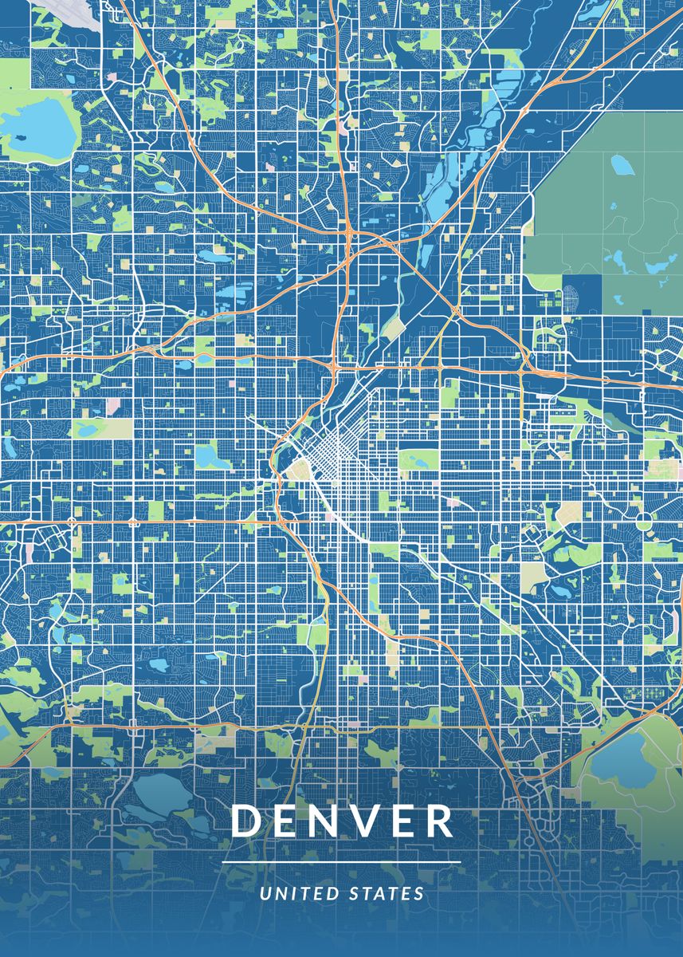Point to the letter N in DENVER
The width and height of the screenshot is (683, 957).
click(321, 821)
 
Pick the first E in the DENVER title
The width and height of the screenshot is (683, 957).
click(285, 821)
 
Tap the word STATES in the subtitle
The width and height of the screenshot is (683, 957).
click(387, 894)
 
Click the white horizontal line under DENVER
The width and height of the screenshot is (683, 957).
click(341, 863)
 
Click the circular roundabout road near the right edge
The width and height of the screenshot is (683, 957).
click(644, 522)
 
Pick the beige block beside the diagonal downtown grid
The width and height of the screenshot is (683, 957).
click(300, 471)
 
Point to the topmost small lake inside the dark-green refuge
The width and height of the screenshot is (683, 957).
click(620, 164)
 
